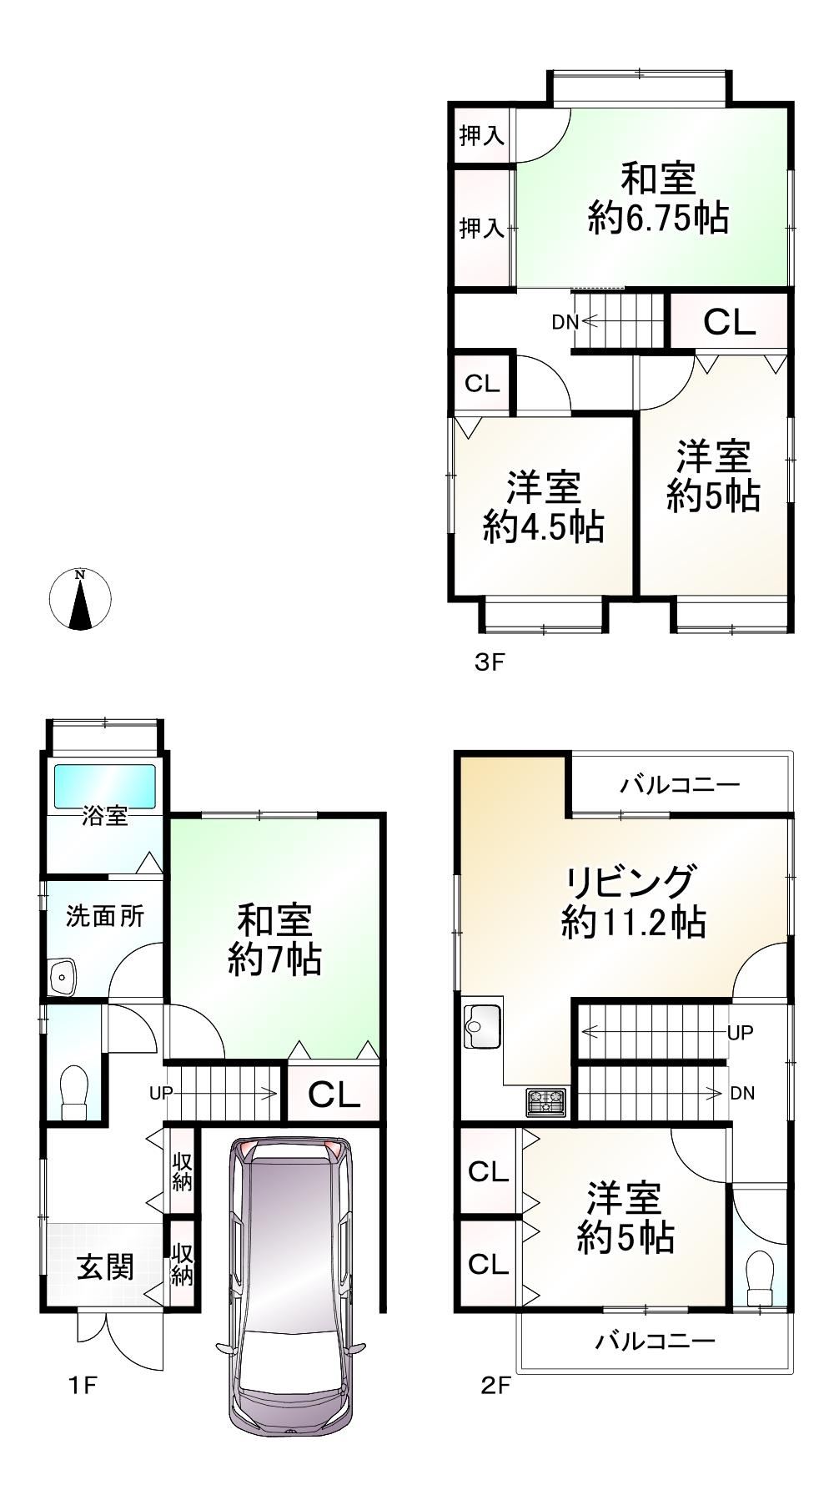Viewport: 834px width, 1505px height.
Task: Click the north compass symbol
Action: point(80,599)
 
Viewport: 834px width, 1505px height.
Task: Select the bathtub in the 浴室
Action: point(105,786)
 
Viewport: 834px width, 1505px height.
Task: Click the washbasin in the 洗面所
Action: point(63,975)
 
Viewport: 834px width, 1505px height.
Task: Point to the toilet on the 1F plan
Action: point(74,1090)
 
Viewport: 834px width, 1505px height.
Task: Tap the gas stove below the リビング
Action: point(545,1102)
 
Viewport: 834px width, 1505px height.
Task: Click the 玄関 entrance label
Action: point(105,1267)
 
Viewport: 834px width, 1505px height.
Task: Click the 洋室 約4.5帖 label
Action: point(544,507)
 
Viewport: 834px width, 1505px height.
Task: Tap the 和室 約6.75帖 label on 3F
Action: point(658,198)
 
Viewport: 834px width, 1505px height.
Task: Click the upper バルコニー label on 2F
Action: point(680,784)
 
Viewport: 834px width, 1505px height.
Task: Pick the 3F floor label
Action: point(490,662)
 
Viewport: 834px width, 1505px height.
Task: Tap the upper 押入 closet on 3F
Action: point(482,135)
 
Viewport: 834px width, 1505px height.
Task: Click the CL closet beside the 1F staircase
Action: point(334,1094)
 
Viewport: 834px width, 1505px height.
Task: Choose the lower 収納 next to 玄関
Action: point(183,1264)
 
